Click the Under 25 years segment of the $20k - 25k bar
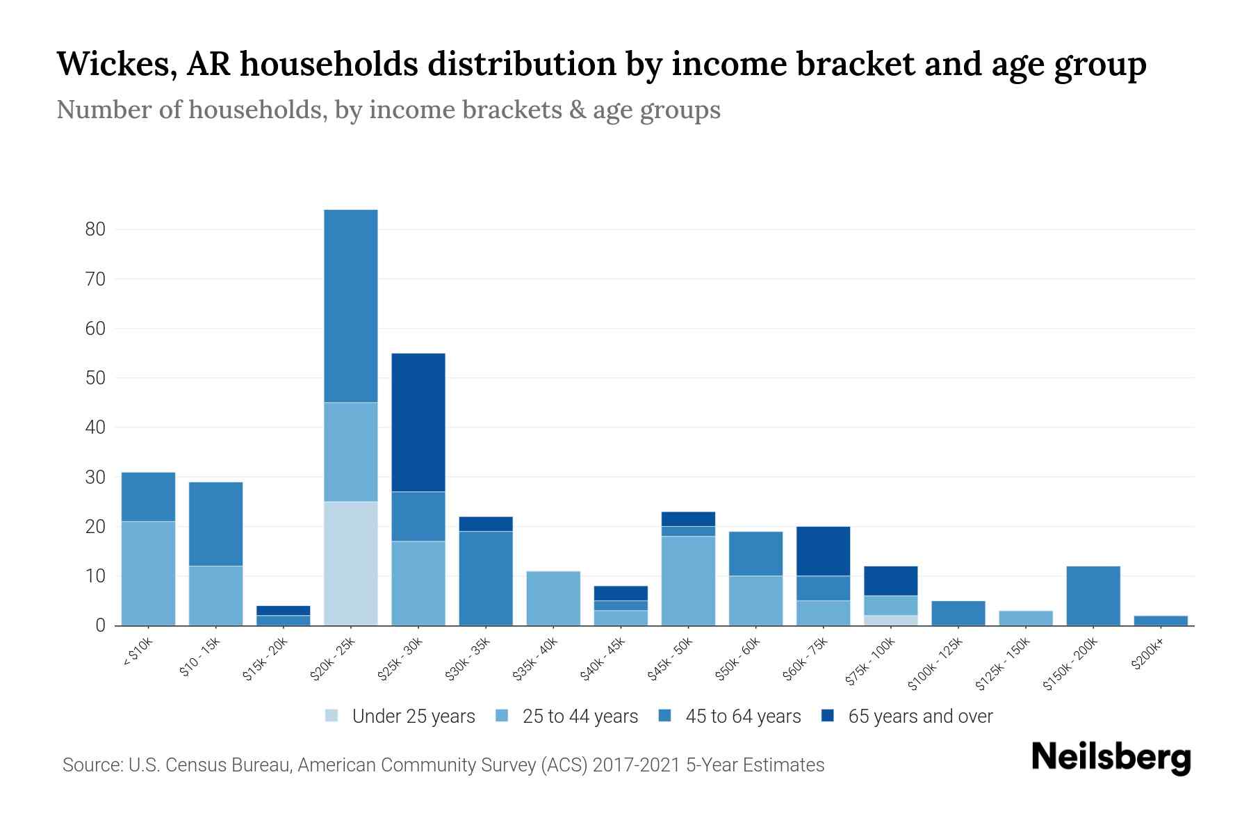350,563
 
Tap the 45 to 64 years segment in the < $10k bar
148,497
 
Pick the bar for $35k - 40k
553,598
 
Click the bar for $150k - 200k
1093,596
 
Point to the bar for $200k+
1161,621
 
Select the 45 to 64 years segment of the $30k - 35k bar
486,578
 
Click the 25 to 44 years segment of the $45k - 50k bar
688,581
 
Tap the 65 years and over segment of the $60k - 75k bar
823,551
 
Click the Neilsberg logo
1111,758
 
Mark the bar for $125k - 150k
1026,618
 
